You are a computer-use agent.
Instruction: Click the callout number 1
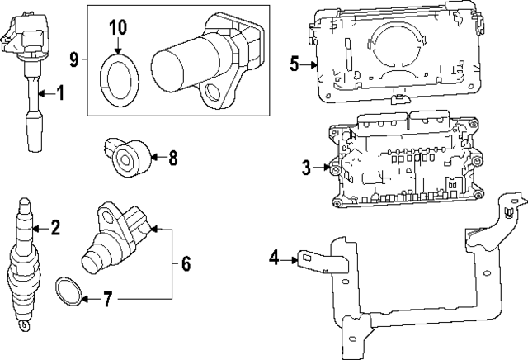tap(60, 92)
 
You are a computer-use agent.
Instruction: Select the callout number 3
tap(306, 168)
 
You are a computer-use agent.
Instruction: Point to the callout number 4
tap(274, 258)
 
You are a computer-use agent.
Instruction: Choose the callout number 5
tap(295, 64)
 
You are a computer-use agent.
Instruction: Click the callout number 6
tap(186, 264)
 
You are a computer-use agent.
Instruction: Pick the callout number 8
tap(172, 158)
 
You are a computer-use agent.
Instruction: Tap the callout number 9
tap(74, 59)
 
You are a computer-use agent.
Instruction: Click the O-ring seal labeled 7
tap(68, 291)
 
